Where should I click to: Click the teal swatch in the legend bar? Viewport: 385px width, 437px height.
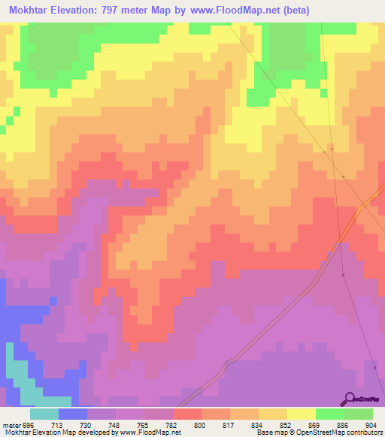pos(44,414)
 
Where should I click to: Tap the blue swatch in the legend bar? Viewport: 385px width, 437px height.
pos(73,414)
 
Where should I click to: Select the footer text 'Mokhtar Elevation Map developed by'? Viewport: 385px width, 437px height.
pos(51,432)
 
